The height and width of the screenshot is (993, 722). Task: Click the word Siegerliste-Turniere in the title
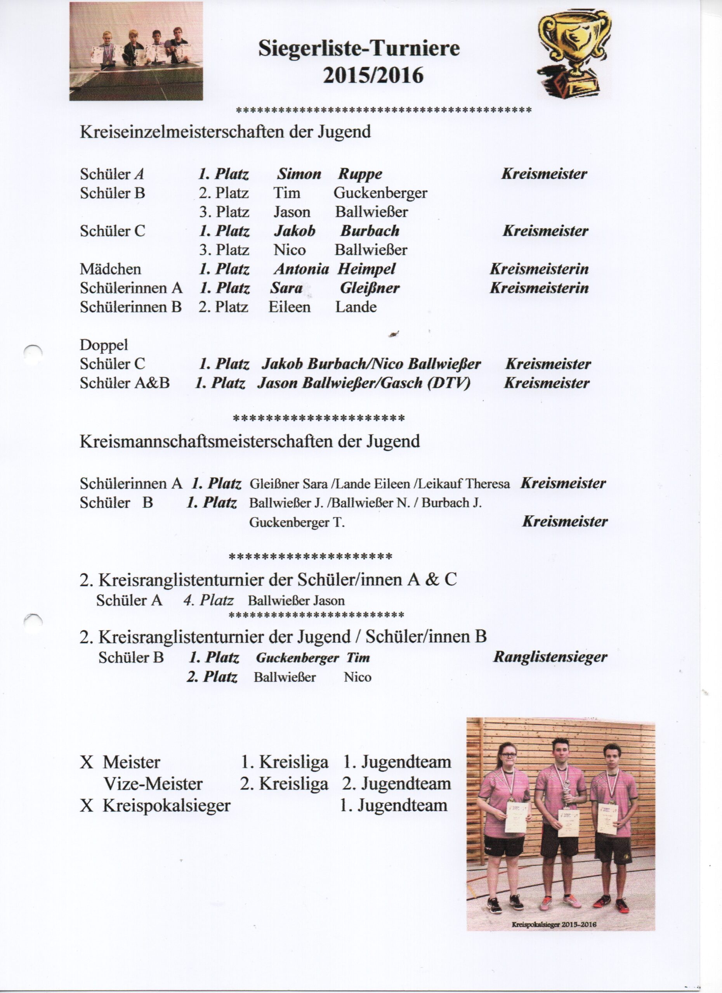tap(359, 48)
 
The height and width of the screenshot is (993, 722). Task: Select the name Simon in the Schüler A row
tap(299, 174)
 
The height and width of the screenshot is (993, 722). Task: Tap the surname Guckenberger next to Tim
tap(380, 193)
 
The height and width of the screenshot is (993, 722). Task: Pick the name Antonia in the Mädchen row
tap(302, 269)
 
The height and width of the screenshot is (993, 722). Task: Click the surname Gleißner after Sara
tap(369, 288)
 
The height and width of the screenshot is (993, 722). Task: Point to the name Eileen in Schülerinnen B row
tap(289, 307)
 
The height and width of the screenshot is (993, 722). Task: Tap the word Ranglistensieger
tap(550, 657)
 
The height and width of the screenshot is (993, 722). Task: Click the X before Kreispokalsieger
tap(86, 805)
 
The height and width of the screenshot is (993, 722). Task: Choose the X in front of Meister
tap(86, 762)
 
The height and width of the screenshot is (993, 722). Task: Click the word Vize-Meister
tap(153, 784)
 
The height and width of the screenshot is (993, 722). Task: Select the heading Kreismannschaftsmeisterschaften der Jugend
tap(250, 441)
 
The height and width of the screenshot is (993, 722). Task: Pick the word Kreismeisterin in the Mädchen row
tap(539, 269)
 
